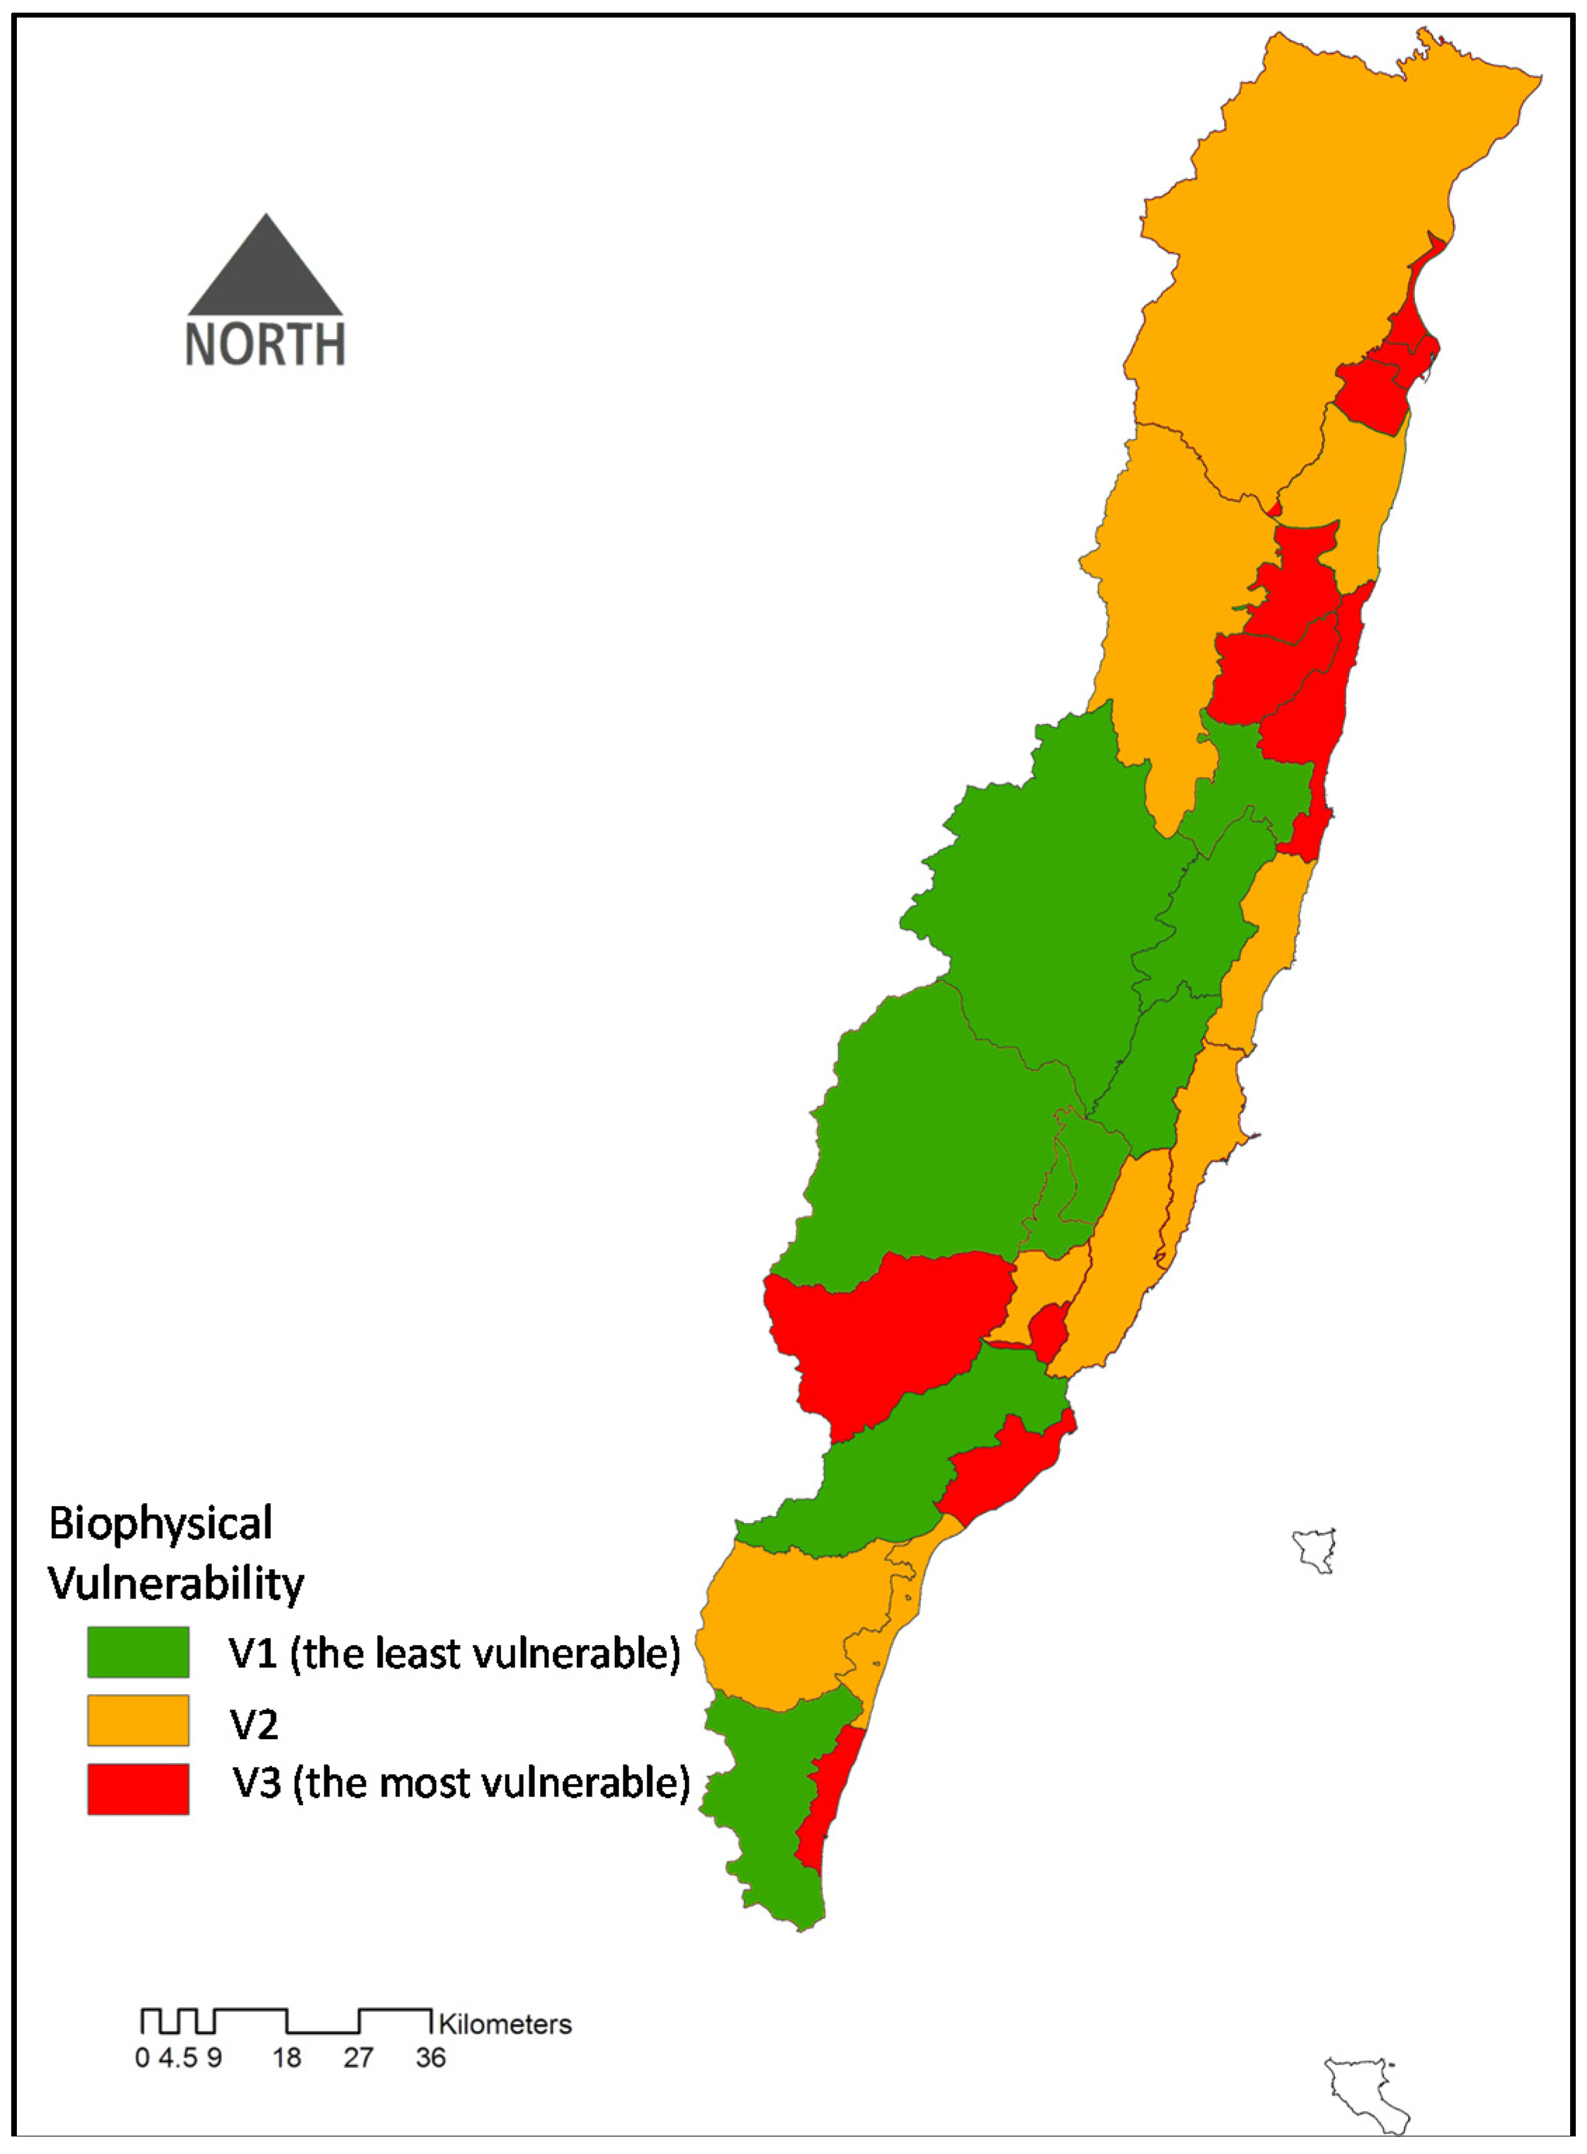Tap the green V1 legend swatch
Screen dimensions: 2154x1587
[x=138, y=1651]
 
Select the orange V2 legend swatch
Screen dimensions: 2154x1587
[x=138, y=1719]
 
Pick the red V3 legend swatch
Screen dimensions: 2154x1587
[x=138, y=1788]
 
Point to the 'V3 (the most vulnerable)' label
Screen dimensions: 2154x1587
[x=462, y=1782]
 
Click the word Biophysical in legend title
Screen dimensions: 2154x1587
[x=161, y=1524]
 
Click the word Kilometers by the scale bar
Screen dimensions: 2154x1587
[x=505, y=2024]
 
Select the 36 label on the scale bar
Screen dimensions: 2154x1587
[x=430, y=2058]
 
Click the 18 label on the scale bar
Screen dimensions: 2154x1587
[x=286, y=2058]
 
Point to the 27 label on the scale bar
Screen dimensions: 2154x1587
[x=359, y=2058]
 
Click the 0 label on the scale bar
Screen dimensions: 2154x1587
[x=142, y=2058]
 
